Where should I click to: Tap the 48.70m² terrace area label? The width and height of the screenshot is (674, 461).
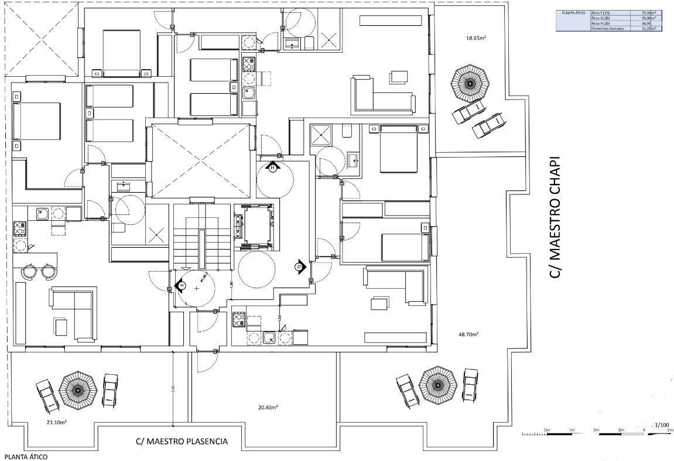468,334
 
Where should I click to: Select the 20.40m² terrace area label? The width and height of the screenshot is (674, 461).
268,407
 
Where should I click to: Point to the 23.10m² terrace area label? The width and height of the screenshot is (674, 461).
57,421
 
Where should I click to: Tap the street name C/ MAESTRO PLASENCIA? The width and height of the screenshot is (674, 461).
181,442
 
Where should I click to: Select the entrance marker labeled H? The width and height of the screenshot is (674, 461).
272,168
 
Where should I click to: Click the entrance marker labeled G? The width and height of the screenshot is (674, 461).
299,267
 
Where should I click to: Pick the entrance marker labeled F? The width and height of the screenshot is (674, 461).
180,286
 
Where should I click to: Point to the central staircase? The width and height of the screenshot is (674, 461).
201,237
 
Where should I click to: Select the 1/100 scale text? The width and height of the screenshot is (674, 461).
662,425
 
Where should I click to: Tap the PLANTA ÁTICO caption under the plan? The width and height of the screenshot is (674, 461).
25,456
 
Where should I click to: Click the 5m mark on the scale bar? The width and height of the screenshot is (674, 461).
670,430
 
